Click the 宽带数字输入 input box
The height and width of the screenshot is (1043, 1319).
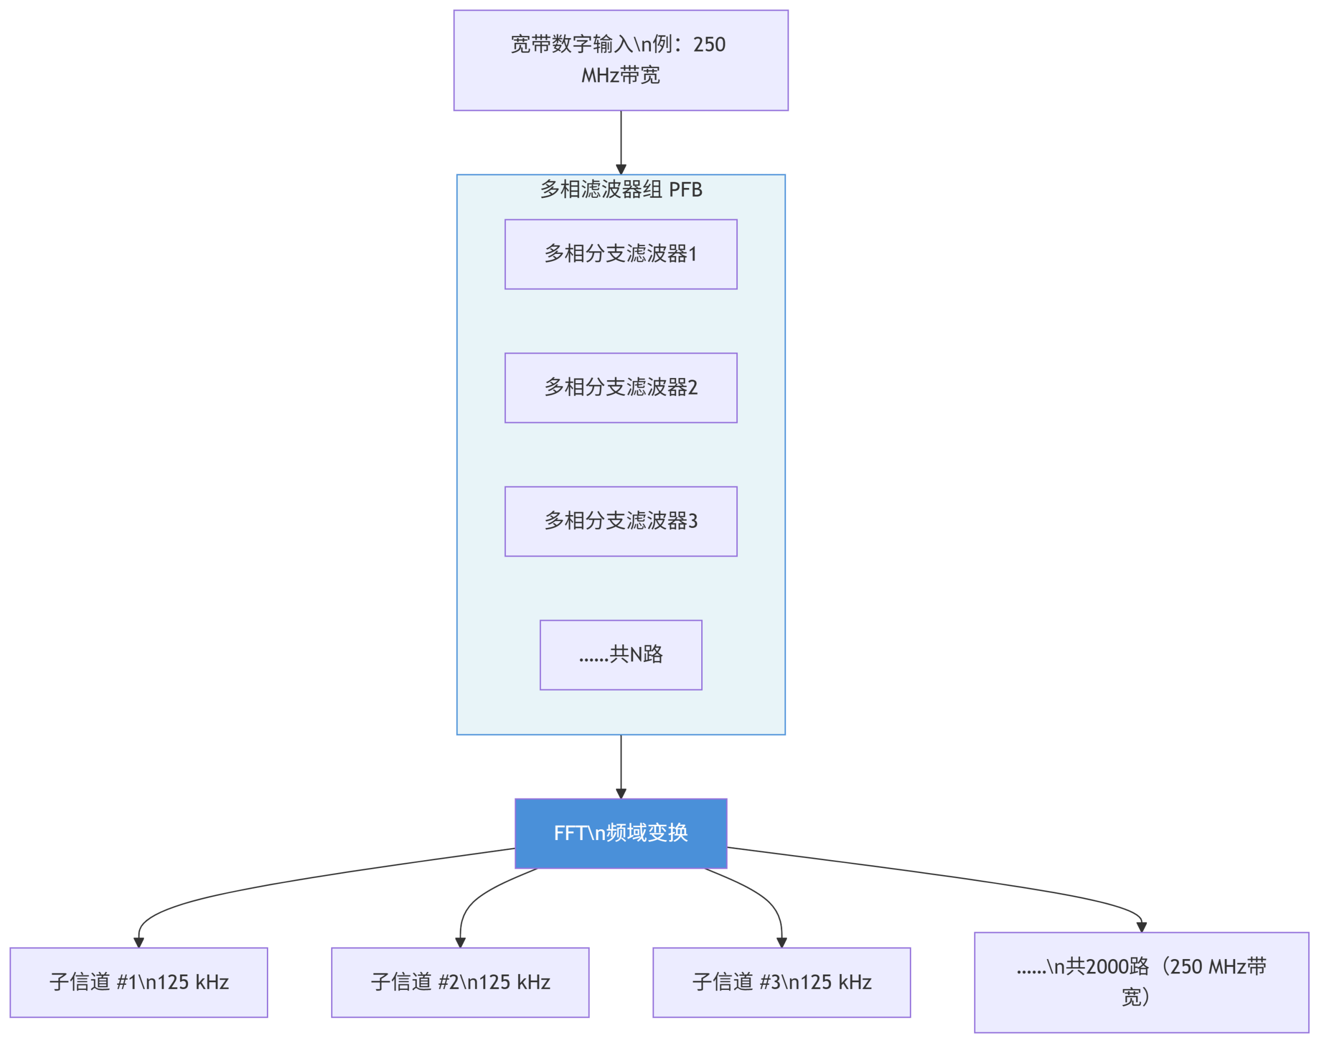click(621, 60)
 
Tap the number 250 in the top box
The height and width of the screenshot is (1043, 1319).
click(709, 45)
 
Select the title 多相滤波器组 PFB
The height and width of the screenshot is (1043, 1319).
click(621, 190)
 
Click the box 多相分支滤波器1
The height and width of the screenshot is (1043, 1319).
click(621, 254)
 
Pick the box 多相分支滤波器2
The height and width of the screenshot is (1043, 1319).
click(621, 388)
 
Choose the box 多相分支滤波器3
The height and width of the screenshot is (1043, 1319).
click(621, 521)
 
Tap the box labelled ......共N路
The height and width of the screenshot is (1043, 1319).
click(621, 655)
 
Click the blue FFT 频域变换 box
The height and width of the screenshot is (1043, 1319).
click(621, 833)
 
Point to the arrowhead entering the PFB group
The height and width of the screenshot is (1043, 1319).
click(621, 168)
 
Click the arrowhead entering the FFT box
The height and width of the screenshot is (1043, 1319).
click(621, 793)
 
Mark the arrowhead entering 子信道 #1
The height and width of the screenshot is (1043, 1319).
click(139, 942)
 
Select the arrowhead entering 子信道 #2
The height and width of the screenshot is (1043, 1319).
click(460, 942)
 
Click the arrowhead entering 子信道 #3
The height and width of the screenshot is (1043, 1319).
click(782, 942)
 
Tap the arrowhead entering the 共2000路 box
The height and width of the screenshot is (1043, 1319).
click(1141, 927)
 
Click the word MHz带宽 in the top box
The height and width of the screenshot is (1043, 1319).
click(621, 76)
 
